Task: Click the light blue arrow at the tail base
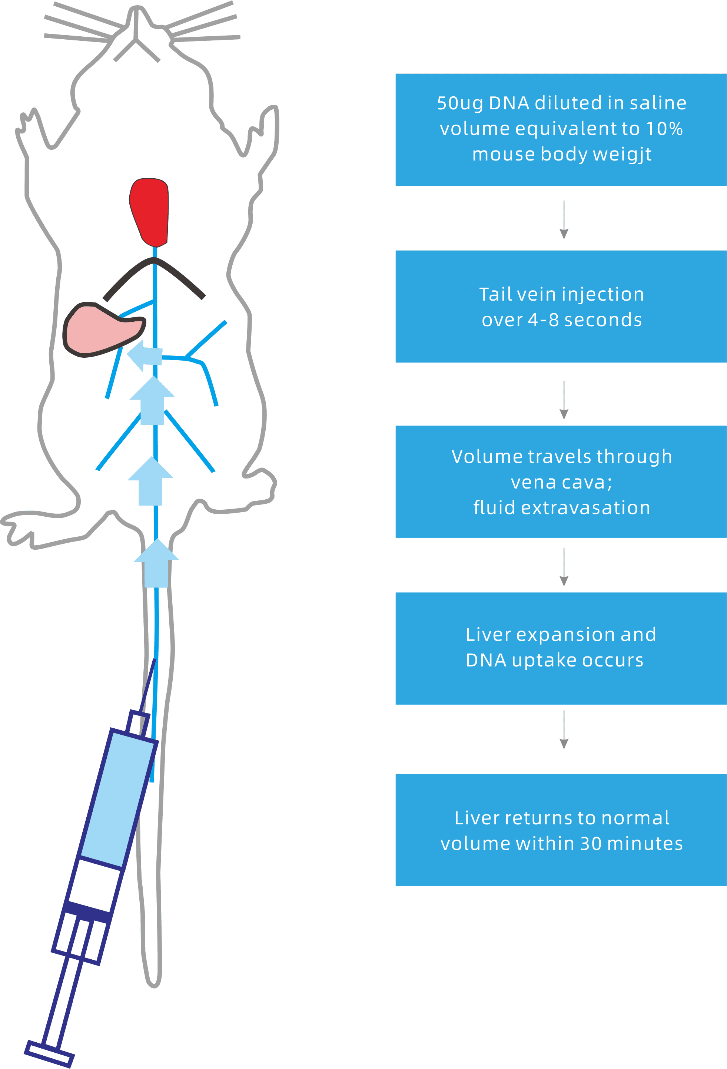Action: tap(156, 563)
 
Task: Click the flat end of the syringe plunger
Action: tap(49, 1054)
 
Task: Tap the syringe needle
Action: tap(148, 685)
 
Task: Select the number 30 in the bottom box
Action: tap(590, 844)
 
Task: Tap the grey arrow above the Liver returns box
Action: tap(564, 731)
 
